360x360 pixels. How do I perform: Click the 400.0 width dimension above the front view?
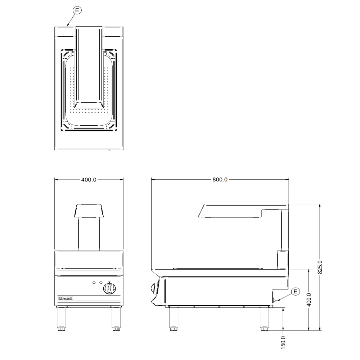[x=89, y=180]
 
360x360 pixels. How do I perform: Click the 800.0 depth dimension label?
[x=220, y=180]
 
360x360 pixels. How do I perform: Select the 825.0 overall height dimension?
[x=320, y=267]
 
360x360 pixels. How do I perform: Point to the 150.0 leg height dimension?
[x=283, y=342]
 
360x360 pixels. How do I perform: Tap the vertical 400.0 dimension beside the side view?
[x=309, y=300]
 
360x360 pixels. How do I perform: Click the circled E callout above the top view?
[x=77, y=10]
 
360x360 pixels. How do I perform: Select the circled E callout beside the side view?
[x=296, y=291]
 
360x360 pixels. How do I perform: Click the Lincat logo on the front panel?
[x=66, y=298]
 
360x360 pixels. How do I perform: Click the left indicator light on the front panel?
[x=94, y=282]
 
